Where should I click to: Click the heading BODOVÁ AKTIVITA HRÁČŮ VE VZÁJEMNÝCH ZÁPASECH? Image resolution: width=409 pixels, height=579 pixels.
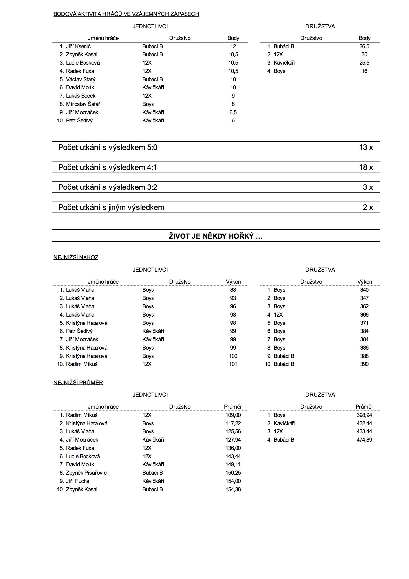(x=126, y=14)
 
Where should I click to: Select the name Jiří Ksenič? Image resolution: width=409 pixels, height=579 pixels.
(x=78, y=47)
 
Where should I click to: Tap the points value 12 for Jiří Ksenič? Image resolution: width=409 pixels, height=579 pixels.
(x=233, y=47)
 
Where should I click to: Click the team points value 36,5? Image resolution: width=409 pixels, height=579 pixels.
(x=364, y=47)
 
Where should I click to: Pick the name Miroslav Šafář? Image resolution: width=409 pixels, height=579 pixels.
(x=83, y=104)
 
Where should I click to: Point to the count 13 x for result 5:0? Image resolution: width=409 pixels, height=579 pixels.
(x=366, y=148)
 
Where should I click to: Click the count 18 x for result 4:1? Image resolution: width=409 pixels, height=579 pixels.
(x=366, y=168)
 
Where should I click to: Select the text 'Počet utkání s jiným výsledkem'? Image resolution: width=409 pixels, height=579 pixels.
(x=111, y=208)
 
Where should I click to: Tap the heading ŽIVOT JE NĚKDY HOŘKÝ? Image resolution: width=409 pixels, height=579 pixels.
(x=216, y=236)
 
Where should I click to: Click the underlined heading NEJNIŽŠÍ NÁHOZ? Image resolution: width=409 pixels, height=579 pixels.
(x=76, y=257)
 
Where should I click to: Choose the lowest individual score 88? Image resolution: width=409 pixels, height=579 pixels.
(x=233, y=290)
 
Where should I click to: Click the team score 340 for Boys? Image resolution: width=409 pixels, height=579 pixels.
(x=364, y=290)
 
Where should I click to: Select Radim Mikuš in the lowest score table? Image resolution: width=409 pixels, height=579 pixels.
(x=82, y=364)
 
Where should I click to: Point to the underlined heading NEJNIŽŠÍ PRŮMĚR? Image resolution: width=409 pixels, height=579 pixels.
(x=78, y=383)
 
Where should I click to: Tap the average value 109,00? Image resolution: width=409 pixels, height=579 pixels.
(x=233, y=415)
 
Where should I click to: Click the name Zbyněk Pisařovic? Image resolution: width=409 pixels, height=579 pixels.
(x=86, y=473)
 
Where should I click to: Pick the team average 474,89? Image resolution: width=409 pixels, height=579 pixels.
(x=364, y=440)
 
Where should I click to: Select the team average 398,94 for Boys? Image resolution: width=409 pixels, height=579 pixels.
(x=364, y=415)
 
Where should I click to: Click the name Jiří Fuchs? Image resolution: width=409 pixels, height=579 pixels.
(x=78, y=481)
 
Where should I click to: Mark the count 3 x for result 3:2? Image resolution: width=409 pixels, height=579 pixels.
(x=368, y=187)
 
